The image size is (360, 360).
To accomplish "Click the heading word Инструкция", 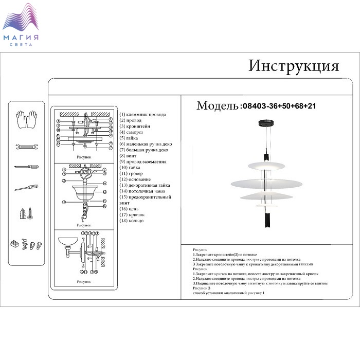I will point(294,66).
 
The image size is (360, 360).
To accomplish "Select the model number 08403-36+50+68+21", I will point(278,106).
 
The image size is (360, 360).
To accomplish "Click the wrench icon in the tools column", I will point(25,147).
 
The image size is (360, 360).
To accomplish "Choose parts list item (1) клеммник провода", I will point(142,115).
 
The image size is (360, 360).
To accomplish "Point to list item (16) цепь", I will point(129,209).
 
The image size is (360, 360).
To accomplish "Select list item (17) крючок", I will point(132,215).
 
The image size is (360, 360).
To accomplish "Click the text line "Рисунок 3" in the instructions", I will point(202,289).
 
